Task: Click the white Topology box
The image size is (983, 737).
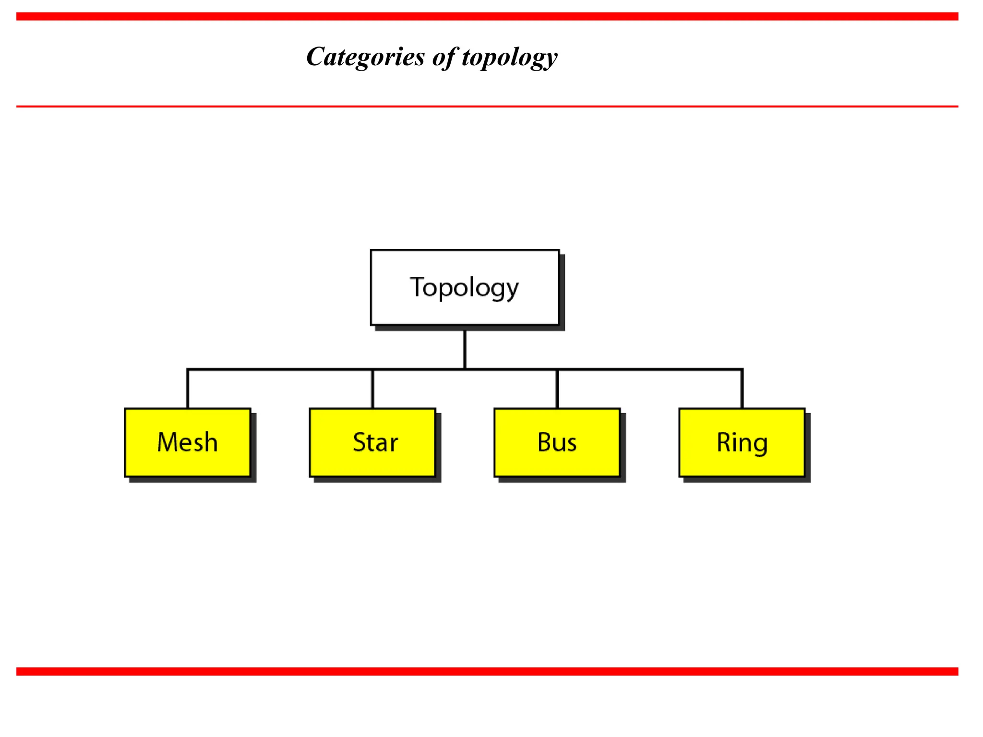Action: tap(465, 287)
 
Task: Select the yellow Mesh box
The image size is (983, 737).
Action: tap(188, 442)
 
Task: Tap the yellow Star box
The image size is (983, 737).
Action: tap(372, 442)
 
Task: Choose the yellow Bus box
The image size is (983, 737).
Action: tap(557, 442)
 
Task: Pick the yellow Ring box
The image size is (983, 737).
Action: tap(742, 442)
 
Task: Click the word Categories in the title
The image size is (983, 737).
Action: tap(365, 57)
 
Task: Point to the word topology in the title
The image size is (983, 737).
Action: tap(510, 58)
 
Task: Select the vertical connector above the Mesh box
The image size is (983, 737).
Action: tap(188, 389)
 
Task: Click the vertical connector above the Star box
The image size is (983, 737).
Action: tap(372, 389)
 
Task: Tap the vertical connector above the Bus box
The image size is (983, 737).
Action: tap(557, 389)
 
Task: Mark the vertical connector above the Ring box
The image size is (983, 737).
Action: tap(742, 389)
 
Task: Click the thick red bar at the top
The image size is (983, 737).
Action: tap(487, 17)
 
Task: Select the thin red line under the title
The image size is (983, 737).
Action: tap(487, 106)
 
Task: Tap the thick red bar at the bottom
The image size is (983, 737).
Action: tap(487, 671)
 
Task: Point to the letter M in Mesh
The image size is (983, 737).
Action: tap(168, 442)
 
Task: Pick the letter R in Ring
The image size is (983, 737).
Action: tap(723, 442)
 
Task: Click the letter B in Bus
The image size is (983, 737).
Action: tap(544, 442)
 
